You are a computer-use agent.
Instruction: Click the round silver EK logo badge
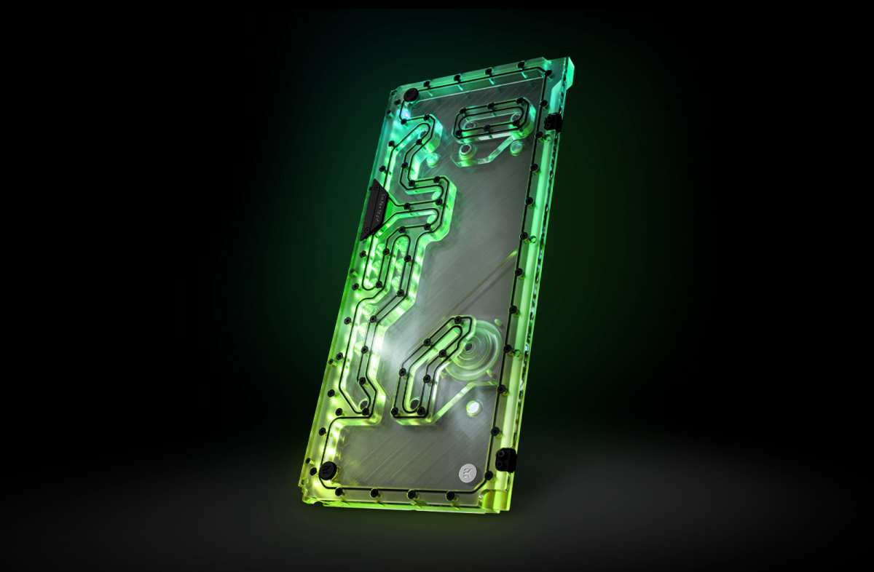pyautogui.click(x=467, y=471)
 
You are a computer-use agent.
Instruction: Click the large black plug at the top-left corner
pyautogui.click(x=411, y=95)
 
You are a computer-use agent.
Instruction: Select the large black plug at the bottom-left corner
pyautogui.click(x=327, y=469)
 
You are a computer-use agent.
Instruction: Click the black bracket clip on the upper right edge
pyautogui.click(x=553, y=122)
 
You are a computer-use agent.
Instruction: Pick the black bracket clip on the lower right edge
pyautogui.click(x=505, y=458)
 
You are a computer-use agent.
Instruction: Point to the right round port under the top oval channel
pyautogui.click(x=515, y=148)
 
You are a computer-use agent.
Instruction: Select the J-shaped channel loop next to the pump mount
pyautogui.click(x=426, y=371)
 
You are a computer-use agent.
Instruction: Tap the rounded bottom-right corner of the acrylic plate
pyautogui.click(x=501, y=502)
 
